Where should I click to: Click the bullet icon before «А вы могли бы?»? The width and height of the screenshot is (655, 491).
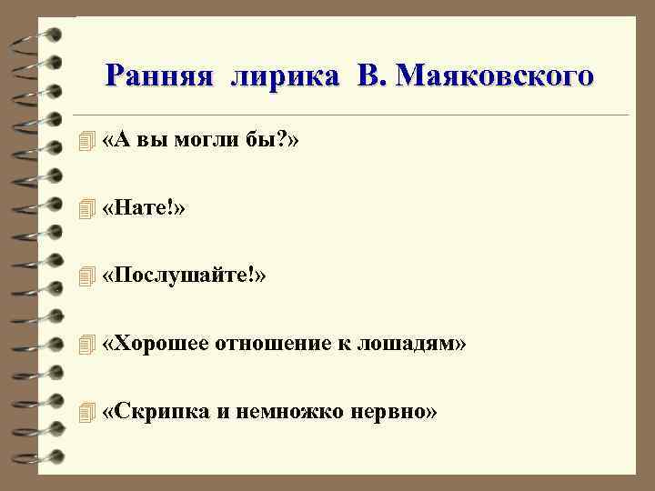[86, 142]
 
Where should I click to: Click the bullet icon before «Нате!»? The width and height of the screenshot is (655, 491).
[86, 210]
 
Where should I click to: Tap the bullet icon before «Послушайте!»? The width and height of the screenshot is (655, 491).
[86, 277]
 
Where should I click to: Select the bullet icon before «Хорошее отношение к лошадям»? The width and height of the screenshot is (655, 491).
[86, 345]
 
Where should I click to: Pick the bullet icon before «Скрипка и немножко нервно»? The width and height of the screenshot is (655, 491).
[86, 413]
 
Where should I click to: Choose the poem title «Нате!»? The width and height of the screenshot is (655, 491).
[145, 209]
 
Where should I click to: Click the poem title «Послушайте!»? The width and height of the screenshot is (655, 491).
[185, 276]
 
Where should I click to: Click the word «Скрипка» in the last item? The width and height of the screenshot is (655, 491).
[156, 412]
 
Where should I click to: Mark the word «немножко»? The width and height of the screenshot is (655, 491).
[288, 412]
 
